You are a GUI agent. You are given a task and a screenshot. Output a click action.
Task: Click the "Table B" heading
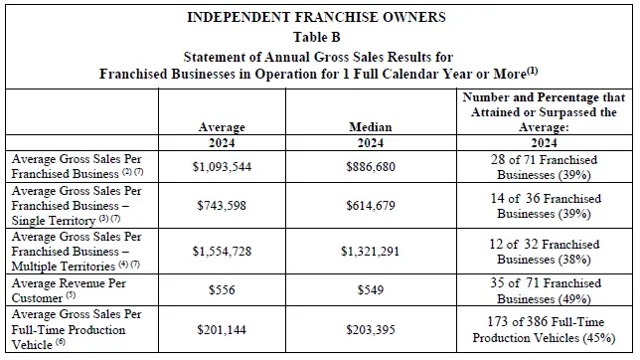(317, 37)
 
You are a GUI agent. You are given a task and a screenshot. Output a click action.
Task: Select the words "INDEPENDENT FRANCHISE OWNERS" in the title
(316, 17)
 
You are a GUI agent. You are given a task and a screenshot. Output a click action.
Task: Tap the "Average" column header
(222, 127)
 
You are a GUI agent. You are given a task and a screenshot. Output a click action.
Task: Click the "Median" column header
(371, 127)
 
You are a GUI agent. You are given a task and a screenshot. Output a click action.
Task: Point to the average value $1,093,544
(222, 167)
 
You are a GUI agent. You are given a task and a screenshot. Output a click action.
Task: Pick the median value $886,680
(371, 167)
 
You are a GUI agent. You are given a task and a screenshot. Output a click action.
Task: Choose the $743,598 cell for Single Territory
(222, 205)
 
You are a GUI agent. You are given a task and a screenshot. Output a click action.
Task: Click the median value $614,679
(371, 205)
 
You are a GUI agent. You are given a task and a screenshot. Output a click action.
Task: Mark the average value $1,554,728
(222, 251)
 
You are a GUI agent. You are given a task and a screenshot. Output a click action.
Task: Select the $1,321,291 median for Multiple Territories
(371, 251)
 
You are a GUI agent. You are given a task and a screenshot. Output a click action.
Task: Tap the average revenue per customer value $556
(222, 290)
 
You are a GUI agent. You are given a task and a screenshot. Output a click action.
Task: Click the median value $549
(371, 290)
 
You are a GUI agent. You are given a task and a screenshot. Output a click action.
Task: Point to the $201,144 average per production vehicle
(222, 330)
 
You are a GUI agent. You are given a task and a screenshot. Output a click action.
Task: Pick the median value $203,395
(371, 330)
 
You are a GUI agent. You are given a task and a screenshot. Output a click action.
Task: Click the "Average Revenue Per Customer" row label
(69, 290)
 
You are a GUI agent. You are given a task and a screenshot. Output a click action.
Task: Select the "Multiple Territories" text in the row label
(64, 267)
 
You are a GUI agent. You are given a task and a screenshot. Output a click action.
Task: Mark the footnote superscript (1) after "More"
(533, 71)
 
